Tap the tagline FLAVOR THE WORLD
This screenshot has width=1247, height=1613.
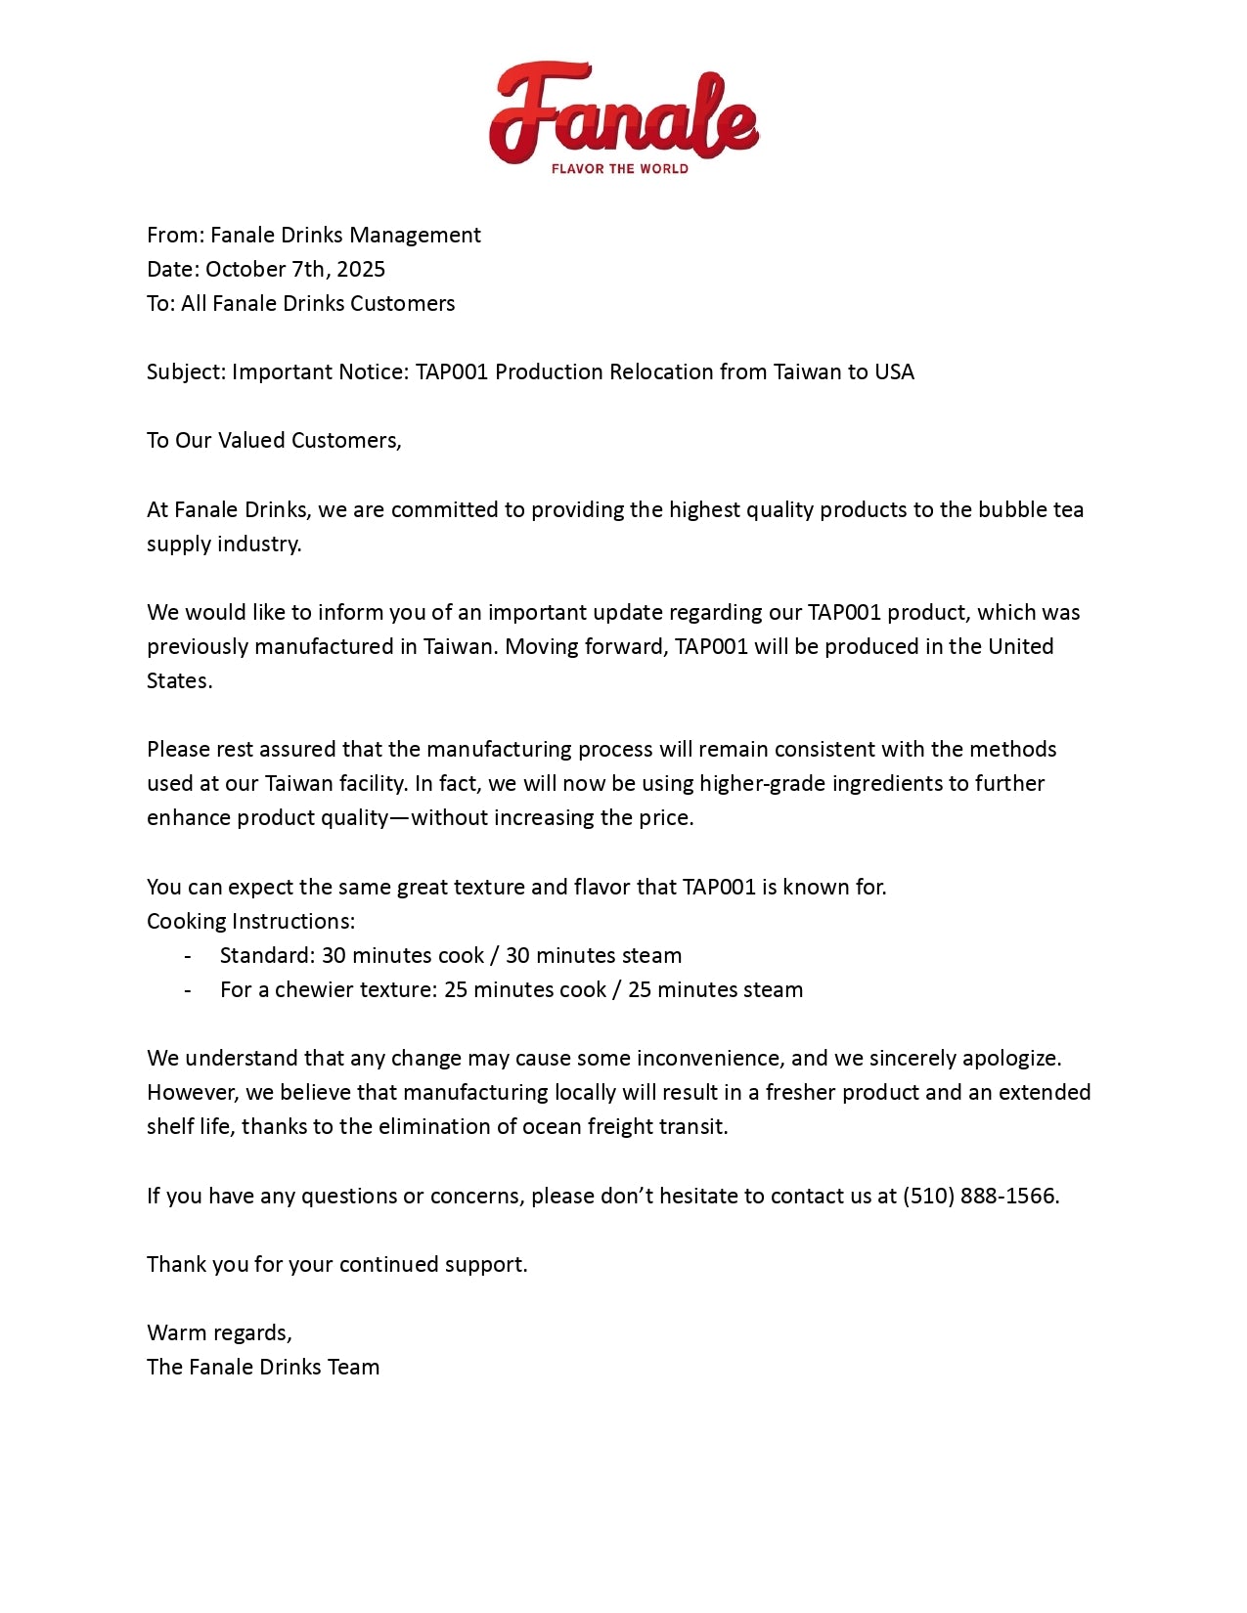(x=619, y=169)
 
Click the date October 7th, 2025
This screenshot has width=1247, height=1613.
(x=295, y=269)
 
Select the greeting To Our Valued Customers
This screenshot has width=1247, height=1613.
(x=274, y=440)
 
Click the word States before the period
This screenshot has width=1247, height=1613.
(x=177, y=680)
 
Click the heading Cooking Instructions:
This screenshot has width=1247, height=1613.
(x=250, y=921)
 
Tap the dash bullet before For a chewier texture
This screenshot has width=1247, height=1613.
(x=188, y=989)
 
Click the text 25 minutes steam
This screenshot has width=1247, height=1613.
(x=715, y=989)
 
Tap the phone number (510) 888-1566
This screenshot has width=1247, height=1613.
(x=979, y=1196)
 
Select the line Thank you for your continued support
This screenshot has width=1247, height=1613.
(x=336, y=1264)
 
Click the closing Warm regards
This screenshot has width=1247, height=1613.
(x=218, y=1332)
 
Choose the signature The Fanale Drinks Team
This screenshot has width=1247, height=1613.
(x=263, y=1367)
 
